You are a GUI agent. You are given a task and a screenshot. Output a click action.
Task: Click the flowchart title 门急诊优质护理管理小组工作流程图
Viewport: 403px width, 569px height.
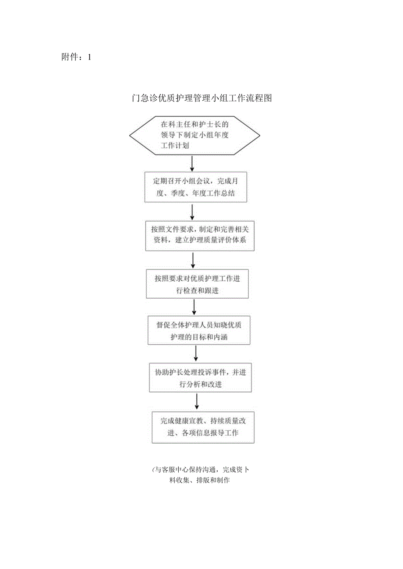coord(202,98)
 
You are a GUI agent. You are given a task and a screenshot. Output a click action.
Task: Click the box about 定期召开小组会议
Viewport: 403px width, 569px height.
coord(195,187)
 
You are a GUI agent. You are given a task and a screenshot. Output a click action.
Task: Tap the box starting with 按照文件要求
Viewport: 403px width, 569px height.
coord(200,235)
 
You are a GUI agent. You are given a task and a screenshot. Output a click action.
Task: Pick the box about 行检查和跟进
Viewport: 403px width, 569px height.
coord(197,284)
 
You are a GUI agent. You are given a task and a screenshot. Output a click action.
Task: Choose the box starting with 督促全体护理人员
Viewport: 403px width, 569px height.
coord(199,330)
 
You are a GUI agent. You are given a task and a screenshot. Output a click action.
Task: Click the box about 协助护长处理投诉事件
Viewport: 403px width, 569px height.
coord(201,378)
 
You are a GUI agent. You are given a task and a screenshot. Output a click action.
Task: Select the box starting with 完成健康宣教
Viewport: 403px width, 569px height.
coord(203,427)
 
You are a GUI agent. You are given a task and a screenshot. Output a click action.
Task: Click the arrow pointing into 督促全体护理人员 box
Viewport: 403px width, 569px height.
coord(194,307)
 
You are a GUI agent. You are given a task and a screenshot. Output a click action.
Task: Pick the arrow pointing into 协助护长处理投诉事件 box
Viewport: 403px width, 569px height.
coord(196,354)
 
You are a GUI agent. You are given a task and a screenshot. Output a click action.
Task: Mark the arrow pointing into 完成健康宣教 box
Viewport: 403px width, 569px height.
coord(197,401)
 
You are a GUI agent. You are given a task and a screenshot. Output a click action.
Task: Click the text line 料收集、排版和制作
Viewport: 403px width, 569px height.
coord(200,480)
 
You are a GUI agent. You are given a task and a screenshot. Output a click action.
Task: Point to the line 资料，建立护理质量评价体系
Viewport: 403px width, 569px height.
coord(200,241)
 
